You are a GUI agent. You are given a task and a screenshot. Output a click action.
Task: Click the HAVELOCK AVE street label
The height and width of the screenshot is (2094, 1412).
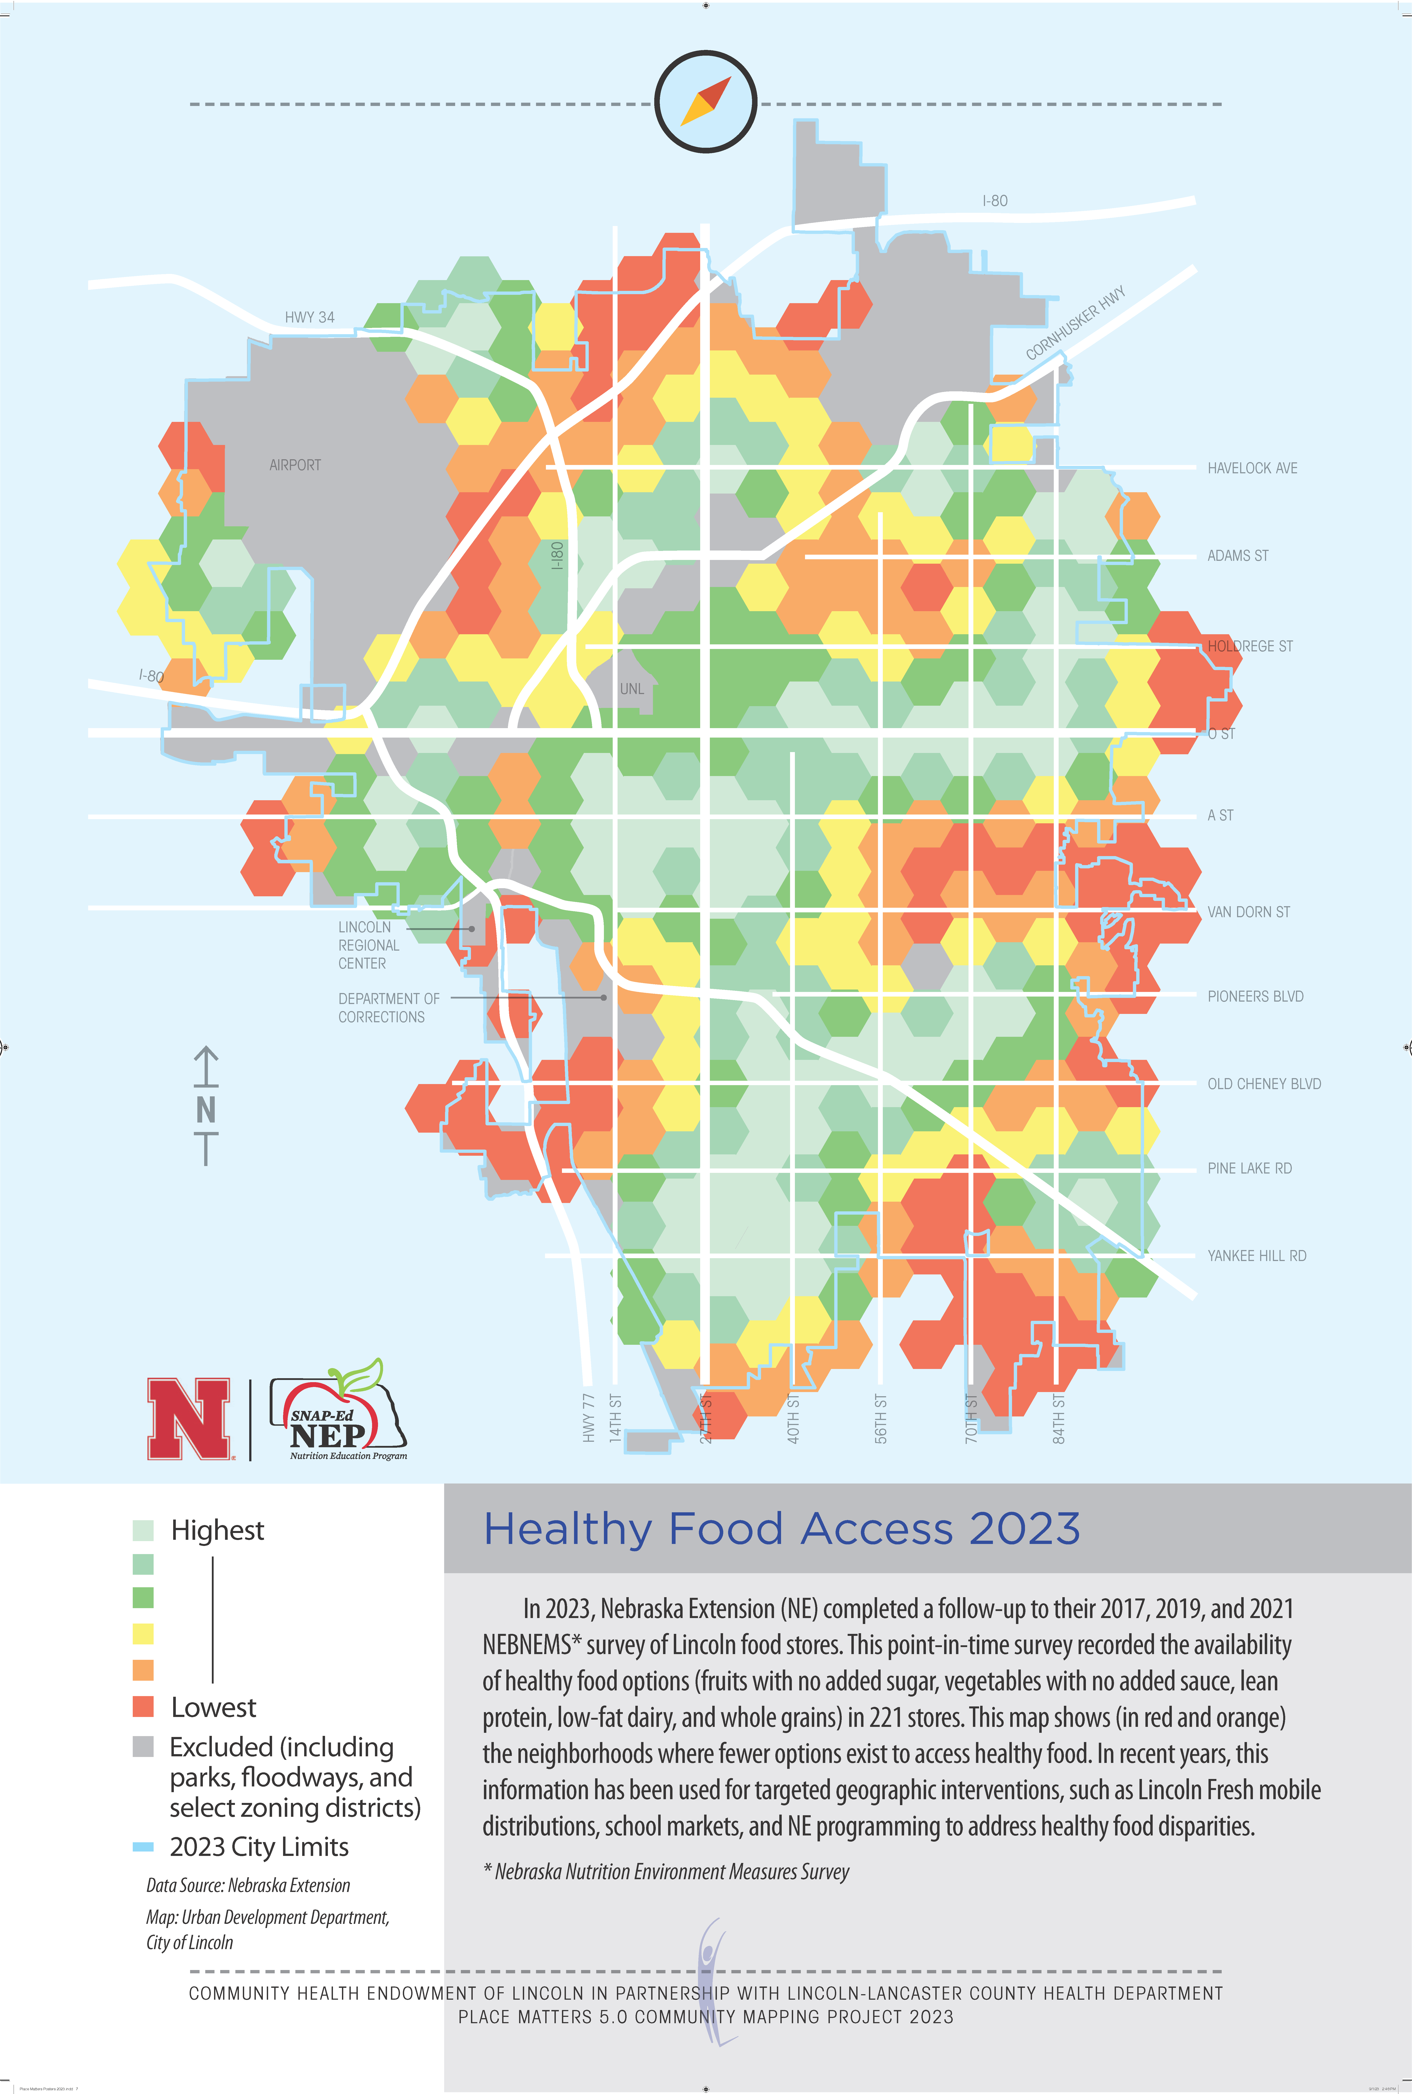coord(1252,468)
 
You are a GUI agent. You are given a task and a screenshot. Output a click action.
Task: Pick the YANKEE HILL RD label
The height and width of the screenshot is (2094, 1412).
coord(1256,1256)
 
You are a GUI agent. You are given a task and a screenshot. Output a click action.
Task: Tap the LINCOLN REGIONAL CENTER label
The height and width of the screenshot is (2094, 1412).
coord(368,945)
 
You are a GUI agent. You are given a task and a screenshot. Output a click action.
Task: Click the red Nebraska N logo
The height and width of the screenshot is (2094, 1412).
coord(189,1418)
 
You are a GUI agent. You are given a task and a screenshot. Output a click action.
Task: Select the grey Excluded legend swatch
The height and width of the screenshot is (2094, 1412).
coord(143,1746)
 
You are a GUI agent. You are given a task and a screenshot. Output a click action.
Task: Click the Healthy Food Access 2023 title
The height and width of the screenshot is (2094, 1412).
coord(782,1529)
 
